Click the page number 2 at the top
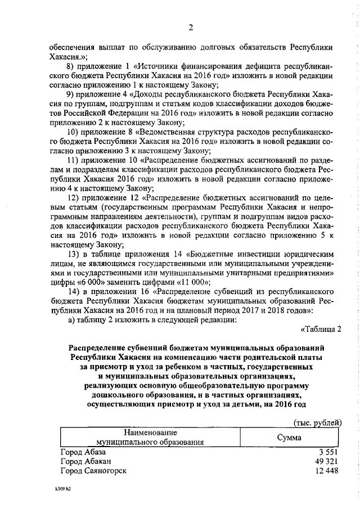coord(191,28)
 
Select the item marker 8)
coord(71,66)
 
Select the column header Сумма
coord(289,437)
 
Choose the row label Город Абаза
coord(83,452)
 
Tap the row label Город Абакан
coord(84,461)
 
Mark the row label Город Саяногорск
coord(93,470)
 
